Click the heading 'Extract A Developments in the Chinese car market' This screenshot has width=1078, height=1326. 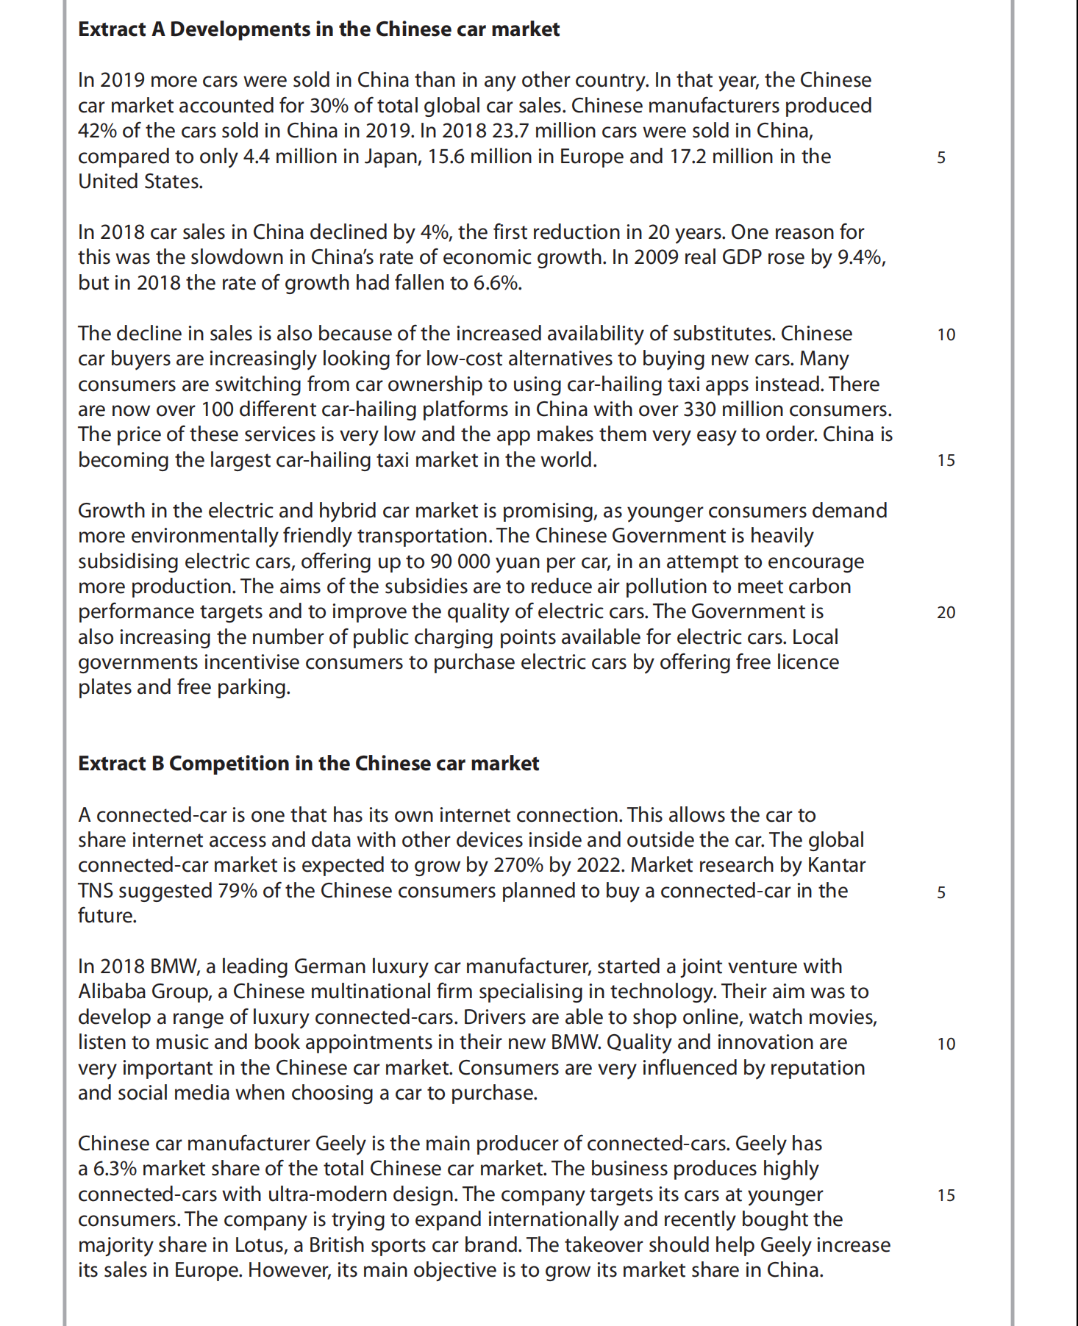pyautogui.click(x=318, y=29)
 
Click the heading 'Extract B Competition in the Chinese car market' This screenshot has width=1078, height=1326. pyautogui.click(x=308, y=764)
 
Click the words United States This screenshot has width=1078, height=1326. pyautogui.click(x=140, y=182)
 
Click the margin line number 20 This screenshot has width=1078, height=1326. pyautogui.click(x=946, y=612)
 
